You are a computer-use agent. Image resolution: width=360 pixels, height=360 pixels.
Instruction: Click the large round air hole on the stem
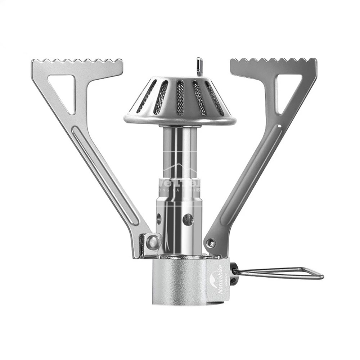pos(188,219)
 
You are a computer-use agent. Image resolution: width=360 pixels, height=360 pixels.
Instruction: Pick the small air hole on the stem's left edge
pos(159,218)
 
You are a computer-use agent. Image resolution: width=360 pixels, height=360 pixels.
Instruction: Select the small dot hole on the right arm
pos(280,126)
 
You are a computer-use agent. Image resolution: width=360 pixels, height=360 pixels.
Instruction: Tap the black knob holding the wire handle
pos(234,274)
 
